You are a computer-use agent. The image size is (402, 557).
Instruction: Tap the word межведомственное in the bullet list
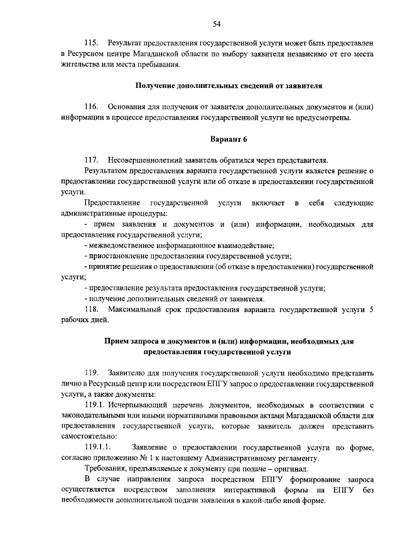(x=118, y=246)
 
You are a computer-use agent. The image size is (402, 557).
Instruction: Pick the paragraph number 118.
(x=92, y=310)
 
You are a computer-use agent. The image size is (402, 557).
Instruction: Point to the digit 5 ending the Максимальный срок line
(x=371, y=310)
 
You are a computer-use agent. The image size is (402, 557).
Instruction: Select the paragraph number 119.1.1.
(x=97, y=447)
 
